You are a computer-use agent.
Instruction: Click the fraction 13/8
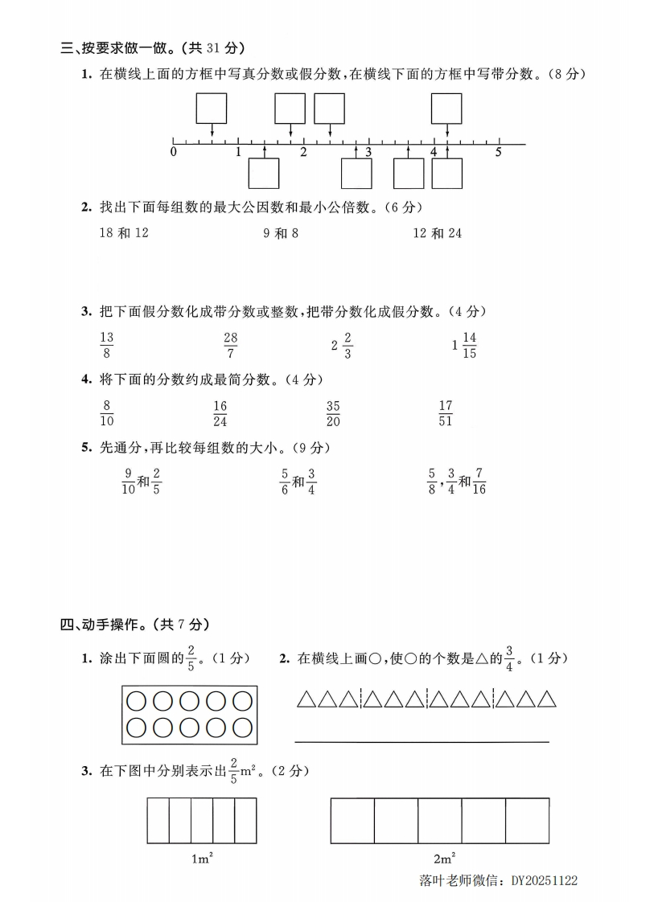click(107, 346)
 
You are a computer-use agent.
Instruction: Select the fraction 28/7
click(231, 346)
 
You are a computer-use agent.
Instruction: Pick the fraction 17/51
click(446, 413)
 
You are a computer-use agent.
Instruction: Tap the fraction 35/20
click(333, 413)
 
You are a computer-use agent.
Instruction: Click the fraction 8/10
click(107, 413)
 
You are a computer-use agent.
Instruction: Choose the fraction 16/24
click(220, 413)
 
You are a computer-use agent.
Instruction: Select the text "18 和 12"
click(124, 233)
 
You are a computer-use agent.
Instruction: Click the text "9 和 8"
click(281, 233)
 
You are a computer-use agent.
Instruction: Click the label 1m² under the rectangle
click(202, 859)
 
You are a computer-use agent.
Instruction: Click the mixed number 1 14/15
click(466, 346)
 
